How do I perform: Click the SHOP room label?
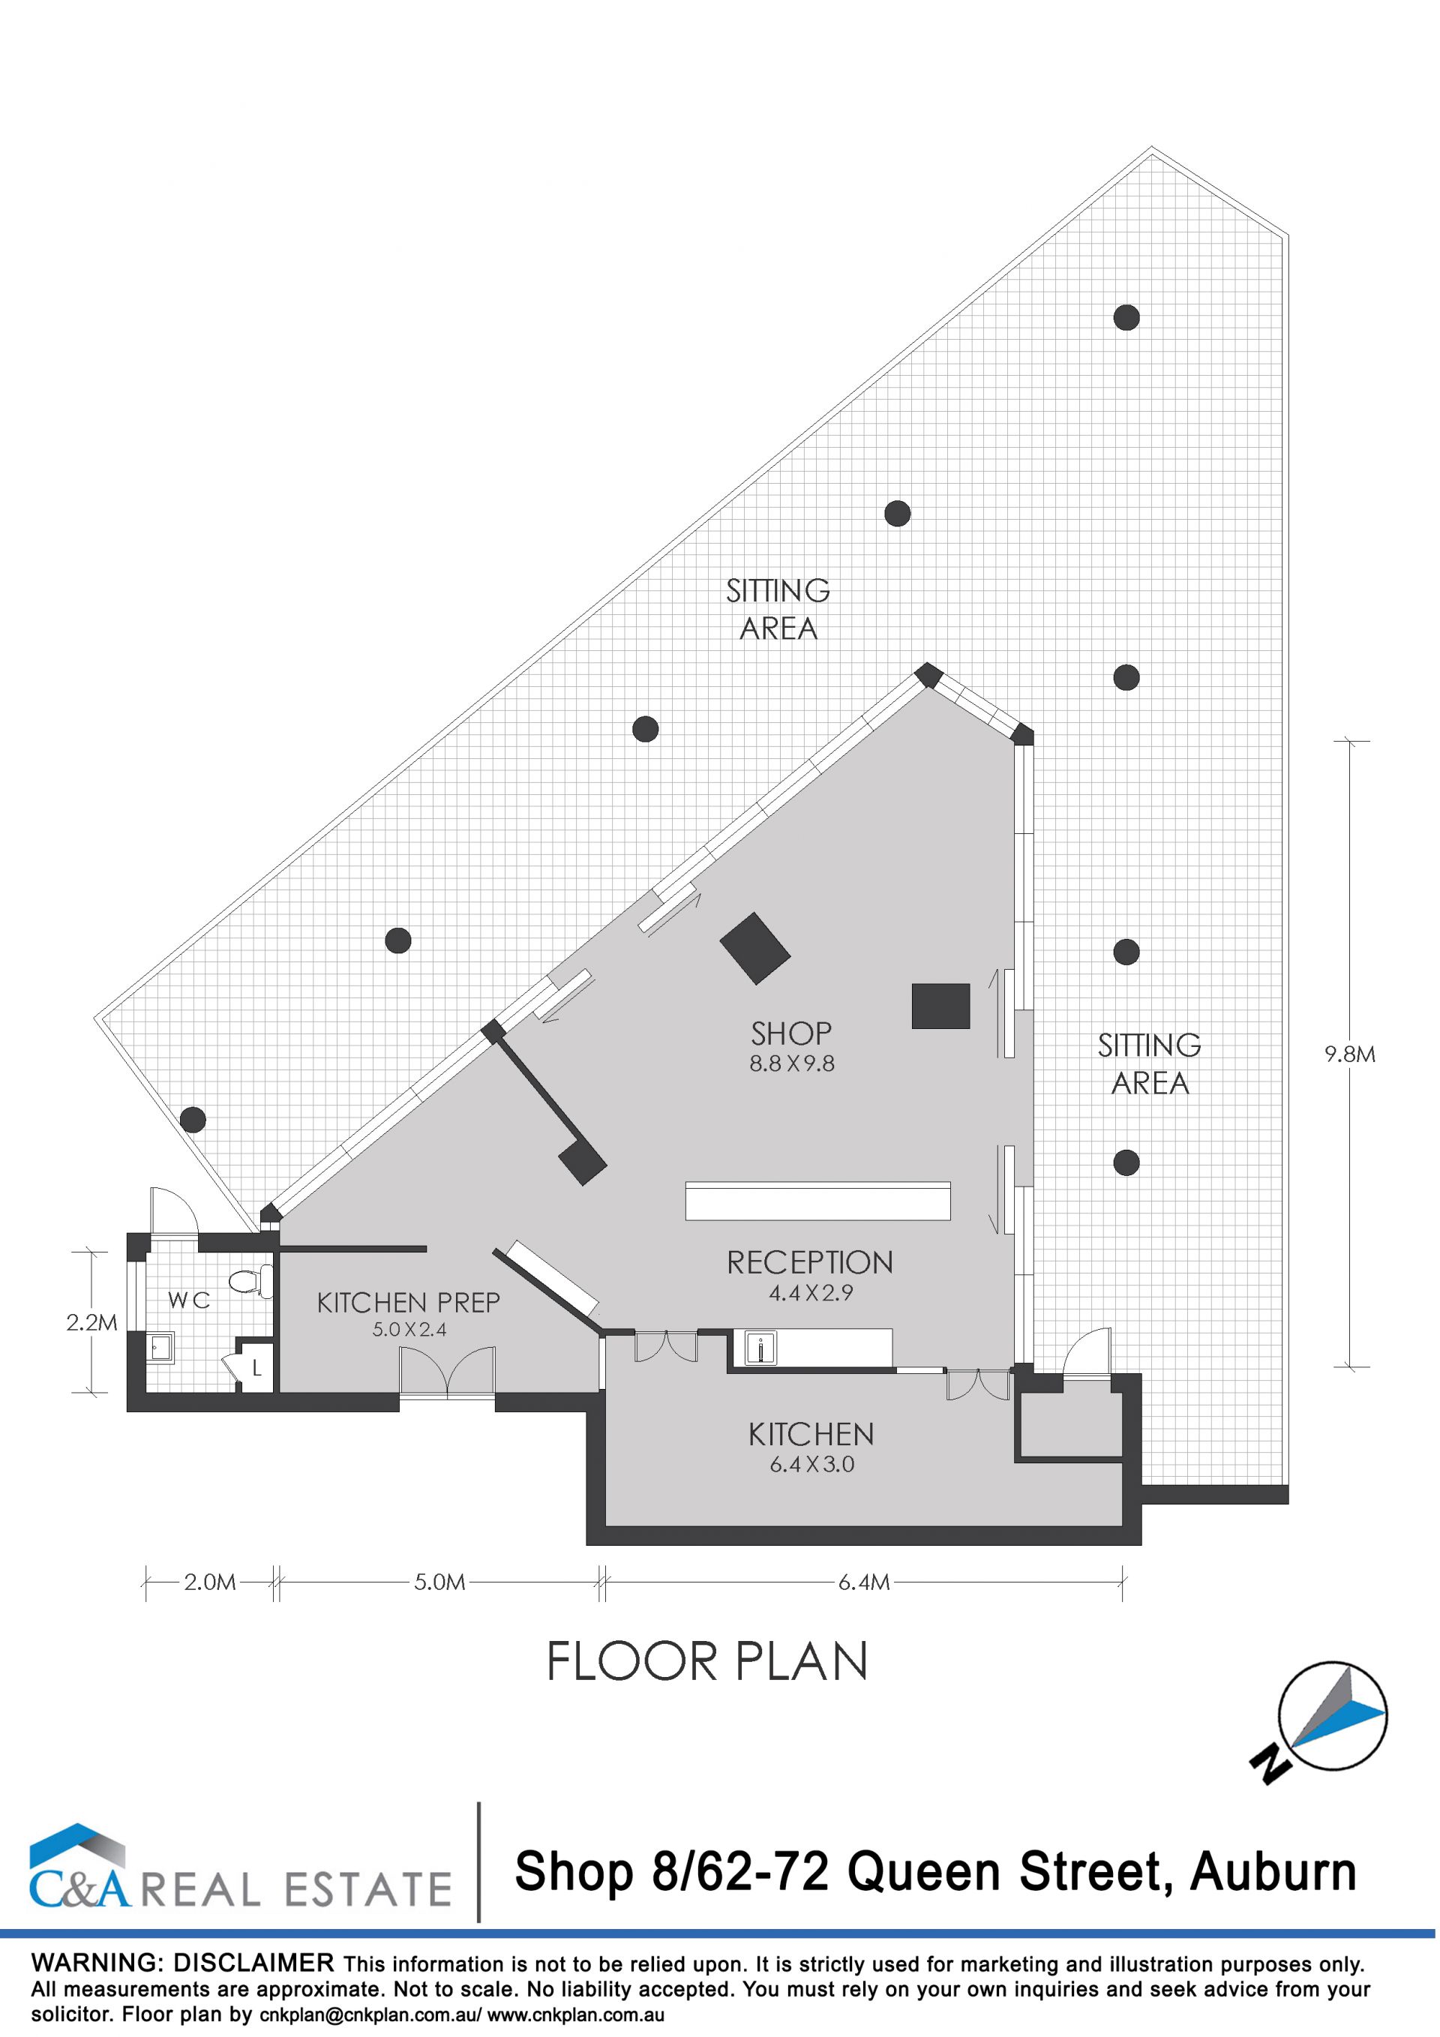[791, 1033]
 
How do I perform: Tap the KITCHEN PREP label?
[409, 1303]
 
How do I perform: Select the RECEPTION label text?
[810, 1262]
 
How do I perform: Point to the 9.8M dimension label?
[1349, 1054]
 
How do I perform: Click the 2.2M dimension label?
[91, 1323]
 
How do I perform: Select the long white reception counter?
[818, 1200]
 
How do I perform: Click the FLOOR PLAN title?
[706, 1662]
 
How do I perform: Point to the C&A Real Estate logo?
[239, 1867]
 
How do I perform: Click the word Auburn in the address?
[1273, 1873]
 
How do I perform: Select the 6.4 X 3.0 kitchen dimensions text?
[811, 1464]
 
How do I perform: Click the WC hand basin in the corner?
[160, 1349]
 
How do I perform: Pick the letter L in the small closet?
[257, 1368]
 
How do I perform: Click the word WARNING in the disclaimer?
[96, 1963]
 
